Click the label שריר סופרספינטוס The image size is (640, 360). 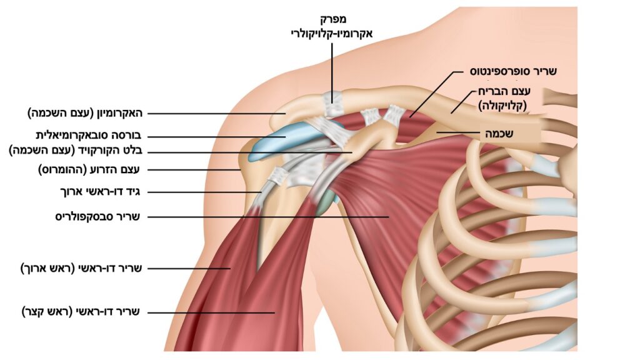(x=513, y=71)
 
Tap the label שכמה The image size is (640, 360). (x=499, y=133)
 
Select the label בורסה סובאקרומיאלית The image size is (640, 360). (x=88, y=136)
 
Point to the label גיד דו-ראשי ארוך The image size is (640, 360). (x=100, y=191)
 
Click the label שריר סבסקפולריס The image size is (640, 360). (x=97, y=216)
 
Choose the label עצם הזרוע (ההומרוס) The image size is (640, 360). (x=89, y=169)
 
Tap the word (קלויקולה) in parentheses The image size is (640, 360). (x=502, y=106)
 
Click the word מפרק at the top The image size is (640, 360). (x=331, y=19)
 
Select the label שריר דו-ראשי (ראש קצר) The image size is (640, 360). (x=81, y=312)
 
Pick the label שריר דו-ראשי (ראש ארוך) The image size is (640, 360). (x=81, y=269)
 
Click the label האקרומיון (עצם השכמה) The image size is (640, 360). (x=85, y=113)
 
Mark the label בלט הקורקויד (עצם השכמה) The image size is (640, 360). (x=76, y=151)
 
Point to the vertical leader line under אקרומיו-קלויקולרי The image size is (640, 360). (x=332, y=72)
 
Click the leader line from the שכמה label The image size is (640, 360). (x=458, y=132)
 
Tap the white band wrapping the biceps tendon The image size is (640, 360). (x=277, y=176)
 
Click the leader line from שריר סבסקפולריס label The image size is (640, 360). (x=267, y=217)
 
